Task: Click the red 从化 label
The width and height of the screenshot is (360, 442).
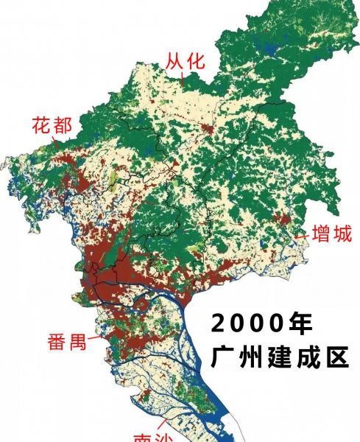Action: point(184,61)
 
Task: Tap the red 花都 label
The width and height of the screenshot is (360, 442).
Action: point(52,125)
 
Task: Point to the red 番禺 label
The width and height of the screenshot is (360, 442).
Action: point(67,342)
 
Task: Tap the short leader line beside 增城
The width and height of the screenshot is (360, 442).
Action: point(302,236)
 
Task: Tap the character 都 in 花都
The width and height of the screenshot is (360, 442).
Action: point(62,125)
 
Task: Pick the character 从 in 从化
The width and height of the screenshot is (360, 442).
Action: point(174,61)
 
